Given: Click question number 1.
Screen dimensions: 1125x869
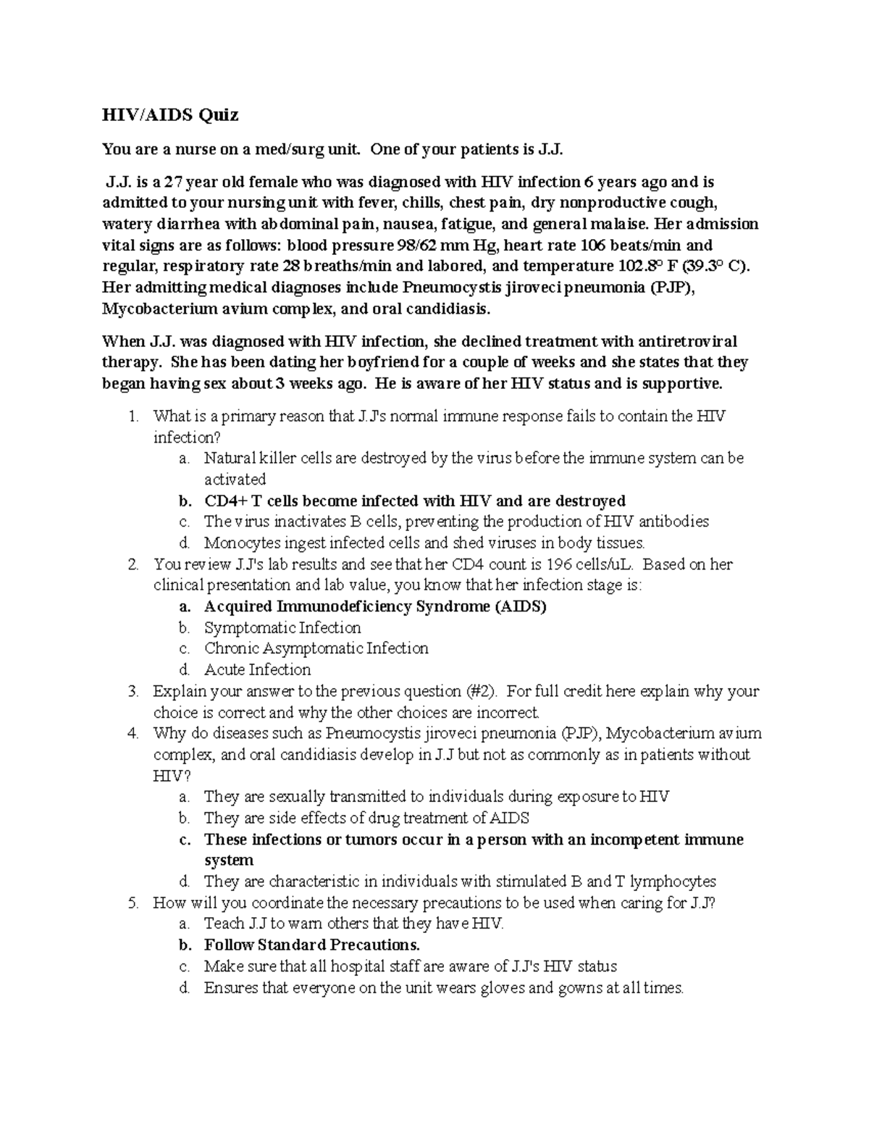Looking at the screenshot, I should point(131,417).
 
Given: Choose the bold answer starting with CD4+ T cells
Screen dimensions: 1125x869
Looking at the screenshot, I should point(414,501).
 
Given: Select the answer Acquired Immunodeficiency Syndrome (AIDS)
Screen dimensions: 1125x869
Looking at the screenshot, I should point(375,606).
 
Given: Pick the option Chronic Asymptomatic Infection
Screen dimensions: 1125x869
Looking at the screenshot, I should point(316,648).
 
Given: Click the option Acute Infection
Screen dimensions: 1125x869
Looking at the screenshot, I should point(257,669).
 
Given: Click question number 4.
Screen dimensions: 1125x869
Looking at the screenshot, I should point(131,733).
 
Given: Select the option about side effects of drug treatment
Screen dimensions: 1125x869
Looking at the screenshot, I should point(366,818).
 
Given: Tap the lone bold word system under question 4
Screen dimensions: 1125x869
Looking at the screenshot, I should point(229,861).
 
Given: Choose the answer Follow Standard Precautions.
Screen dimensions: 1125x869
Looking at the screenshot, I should point(311,945).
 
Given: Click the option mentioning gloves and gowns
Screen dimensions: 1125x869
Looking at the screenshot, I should point(443,988).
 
